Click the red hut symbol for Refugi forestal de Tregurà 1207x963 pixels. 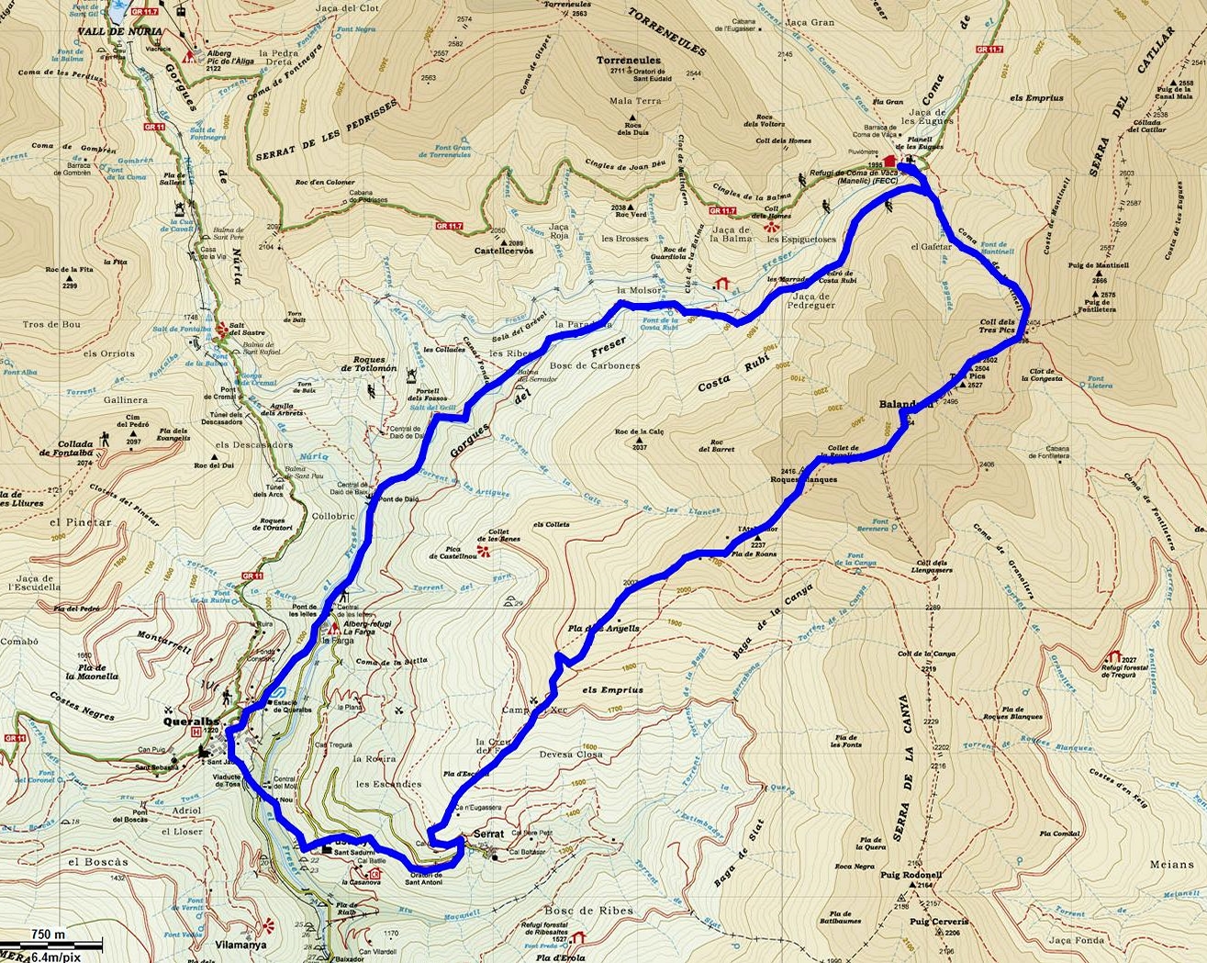pyautogui.click(x=1114, y=655)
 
